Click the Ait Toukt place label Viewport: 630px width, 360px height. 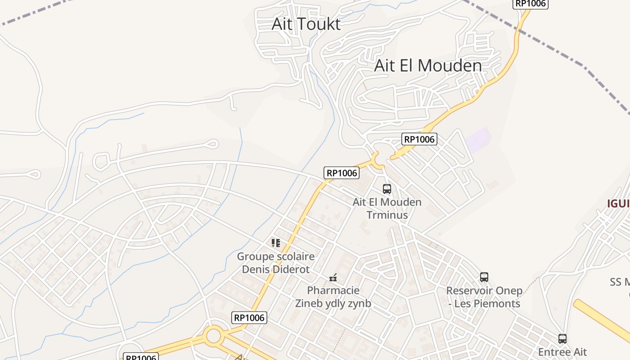(x=306, y=24)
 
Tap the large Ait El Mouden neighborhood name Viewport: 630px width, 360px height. (x=428, y=66)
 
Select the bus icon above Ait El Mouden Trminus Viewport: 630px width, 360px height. (x=387, y=189)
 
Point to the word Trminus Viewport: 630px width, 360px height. (x=387, y=215)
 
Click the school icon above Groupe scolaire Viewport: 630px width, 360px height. (x=276, y=243)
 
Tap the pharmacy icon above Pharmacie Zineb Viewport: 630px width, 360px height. (x=333, y=278)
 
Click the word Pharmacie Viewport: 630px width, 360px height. (x=333, y=290)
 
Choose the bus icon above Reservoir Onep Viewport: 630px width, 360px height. (x=484, y=277)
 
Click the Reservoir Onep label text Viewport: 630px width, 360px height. (x=484, y=291)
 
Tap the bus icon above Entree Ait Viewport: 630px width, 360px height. (x=562, y=339)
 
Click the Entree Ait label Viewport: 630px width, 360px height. (x=562, y=352)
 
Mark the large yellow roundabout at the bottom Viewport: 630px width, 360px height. (x=213, y=336)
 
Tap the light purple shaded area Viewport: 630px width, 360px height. (x=478, y=140)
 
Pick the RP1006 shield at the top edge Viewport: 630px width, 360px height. (x=530, y=4)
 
